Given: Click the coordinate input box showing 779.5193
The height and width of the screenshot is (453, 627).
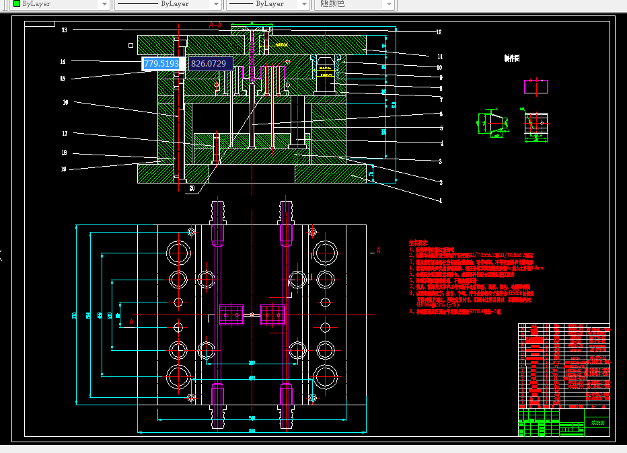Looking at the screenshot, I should [x=162, y=64].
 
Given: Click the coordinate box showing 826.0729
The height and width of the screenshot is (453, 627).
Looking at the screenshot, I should [x=209, y=64].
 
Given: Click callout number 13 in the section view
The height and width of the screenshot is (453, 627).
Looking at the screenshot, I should [x=64, y=30].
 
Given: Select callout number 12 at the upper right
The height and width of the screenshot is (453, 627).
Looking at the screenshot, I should [x=439, y=32].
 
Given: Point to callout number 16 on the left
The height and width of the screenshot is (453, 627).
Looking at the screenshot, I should [x=65, y=103].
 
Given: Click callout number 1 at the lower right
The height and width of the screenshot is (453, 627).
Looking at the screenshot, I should [x=441, y=200].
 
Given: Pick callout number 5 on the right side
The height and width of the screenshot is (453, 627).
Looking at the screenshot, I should [x=441, y=128].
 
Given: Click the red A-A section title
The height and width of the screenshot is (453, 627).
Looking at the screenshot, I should [x=216, y=25].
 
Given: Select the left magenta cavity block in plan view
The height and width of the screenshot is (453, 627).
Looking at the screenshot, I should [x=231, y=315].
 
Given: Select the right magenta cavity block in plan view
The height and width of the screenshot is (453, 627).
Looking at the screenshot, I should [x=272, y=315].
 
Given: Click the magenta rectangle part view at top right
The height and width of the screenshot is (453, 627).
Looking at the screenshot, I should [x=536, y=86].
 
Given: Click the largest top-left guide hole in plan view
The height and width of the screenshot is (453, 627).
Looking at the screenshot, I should [x=178, y=253].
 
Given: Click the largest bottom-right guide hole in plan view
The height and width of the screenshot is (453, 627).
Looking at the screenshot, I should [x=326, y=377].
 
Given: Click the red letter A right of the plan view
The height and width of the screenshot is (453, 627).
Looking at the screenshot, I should [x=378, y=251].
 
